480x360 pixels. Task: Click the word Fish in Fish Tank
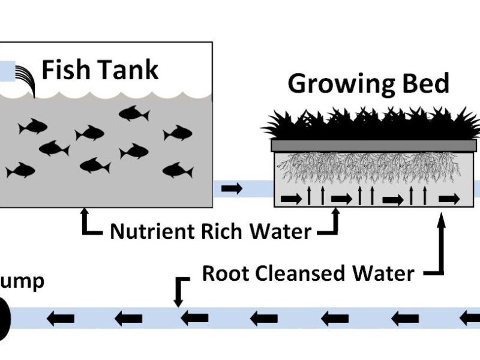pos(65,70)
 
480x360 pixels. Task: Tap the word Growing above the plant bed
pos(336,84)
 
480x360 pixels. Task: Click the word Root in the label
pos(225,274)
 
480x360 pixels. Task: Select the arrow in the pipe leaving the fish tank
pos(232,189)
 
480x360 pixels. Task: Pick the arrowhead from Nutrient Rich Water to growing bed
pos(335,212)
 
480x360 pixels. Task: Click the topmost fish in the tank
pos(133,113)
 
